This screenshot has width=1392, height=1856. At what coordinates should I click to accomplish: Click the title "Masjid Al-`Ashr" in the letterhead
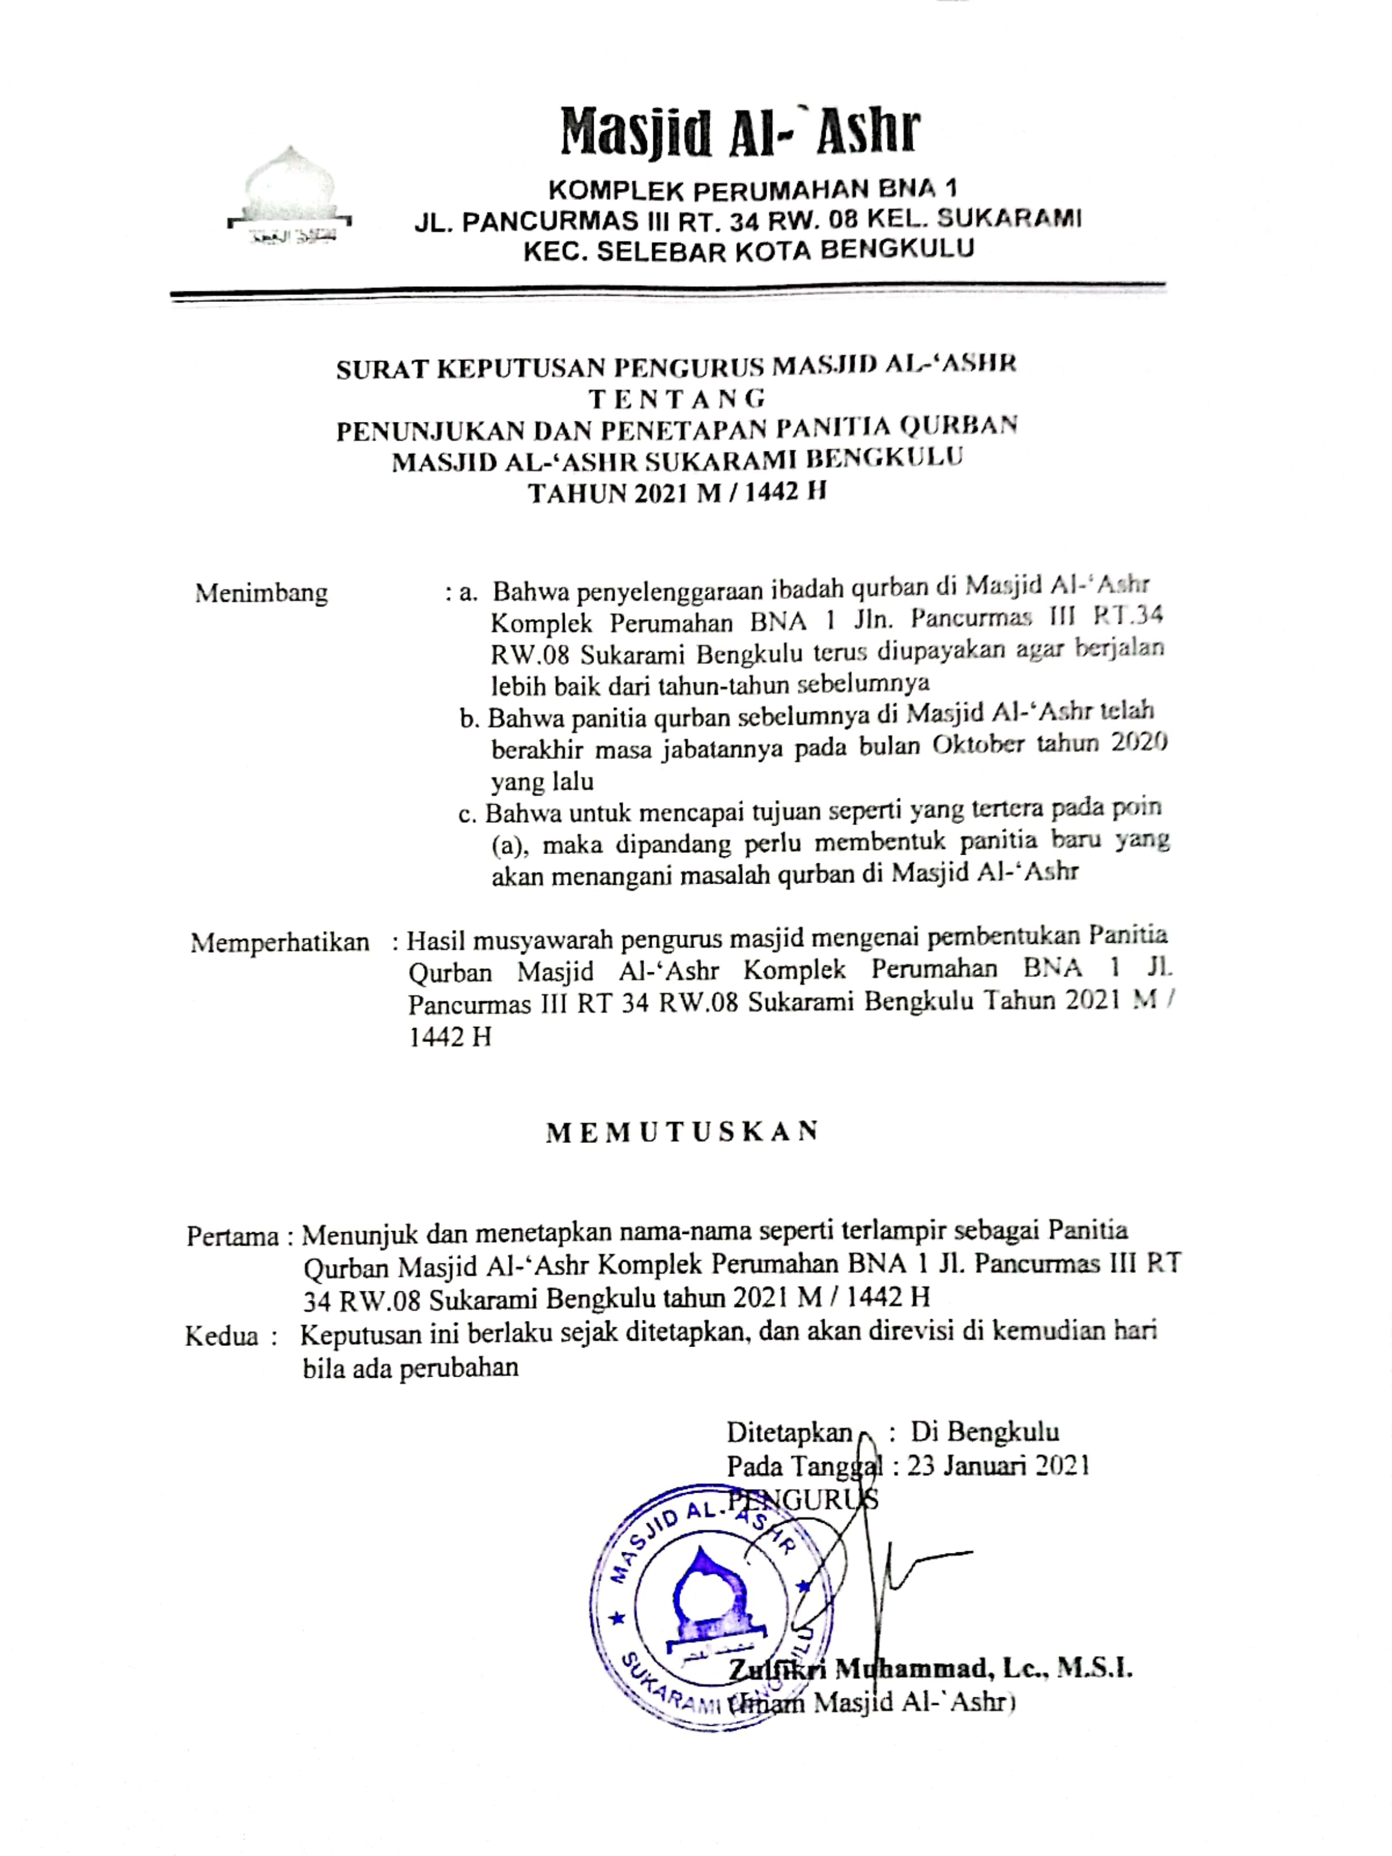[x=740, y=132]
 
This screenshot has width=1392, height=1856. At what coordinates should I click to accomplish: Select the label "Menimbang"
[x=261, y=593]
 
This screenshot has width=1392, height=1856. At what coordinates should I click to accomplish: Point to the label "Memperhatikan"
[x=279, y=942]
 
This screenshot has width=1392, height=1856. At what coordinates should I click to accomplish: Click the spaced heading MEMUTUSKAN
[x=681, y=1133]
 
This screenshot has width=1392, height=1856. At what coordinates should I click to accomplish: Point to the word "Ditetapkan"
[x=789, y=1431]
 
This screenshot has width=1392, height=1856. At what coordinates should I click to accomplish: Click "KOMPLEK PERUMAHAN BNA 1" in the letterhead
[x=752, y=188]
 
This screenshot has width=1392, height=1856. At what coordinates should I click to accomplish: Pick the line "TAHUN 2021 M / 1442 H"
[x=676, y=492]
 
